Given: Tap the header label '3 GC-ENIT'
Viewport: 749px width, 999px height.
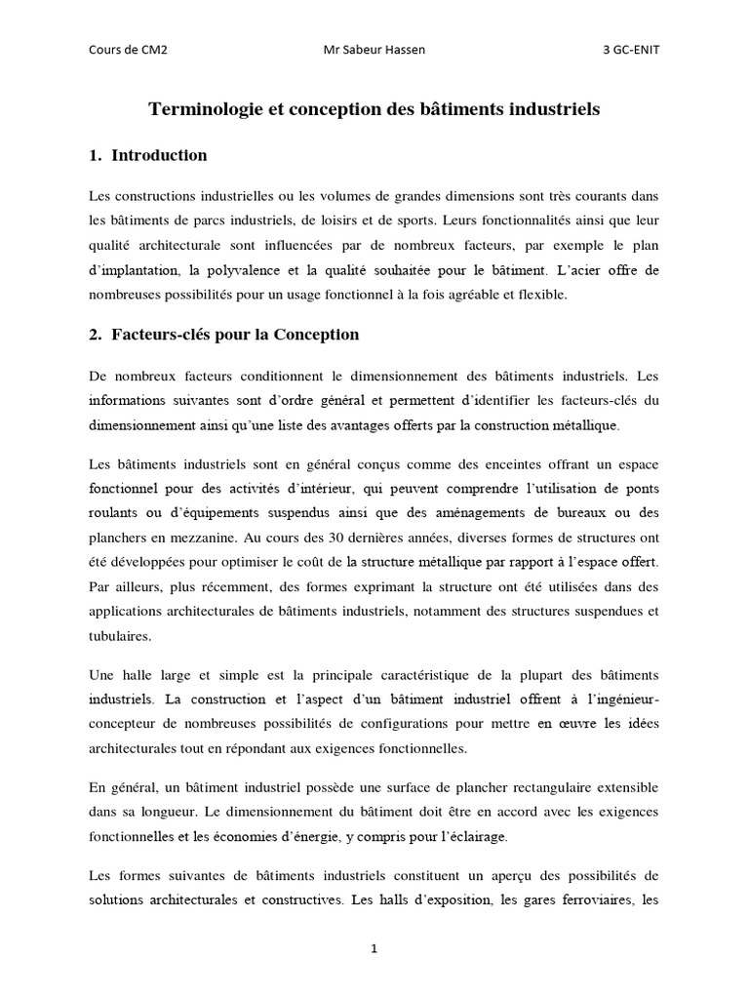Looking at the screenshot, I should (x=631, y=51).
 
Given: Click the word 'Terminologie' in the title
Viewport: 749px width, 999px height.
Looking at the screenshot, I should (x=202, y=110).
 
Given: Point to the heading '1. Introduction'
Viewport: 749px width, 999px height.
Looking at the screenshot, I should (x=147, y=155).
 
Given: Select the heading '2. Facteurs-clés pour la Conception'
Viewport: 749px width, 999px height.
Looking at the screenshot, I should (x=223, y=335).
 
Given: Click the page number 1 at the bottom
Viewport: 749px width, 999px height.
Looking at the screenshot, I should (x=374, y=948).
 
